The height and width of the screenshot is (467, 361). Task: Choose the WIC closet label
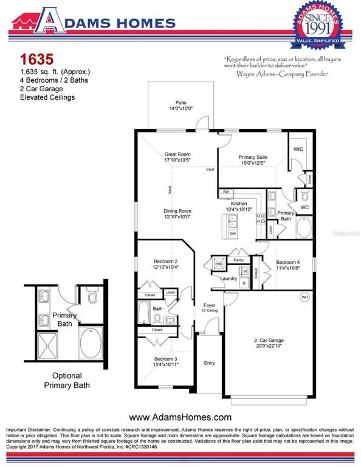(x=298, y=150)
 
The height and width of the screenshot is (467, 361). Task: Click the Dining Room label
(x=177, y=212)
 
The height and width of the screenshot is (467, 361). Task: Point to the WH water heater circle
(x=303, y=297)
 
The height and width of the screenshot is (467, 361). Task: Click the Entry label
(x=209, y=363)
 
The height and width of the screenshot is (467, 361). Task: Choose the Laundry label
(x=229, y=278)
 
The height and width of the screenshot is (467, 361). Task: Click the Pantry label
(x=238, y=260)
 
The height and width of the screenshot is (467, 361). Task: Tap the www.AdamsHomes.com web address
(x=180, y=417)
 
